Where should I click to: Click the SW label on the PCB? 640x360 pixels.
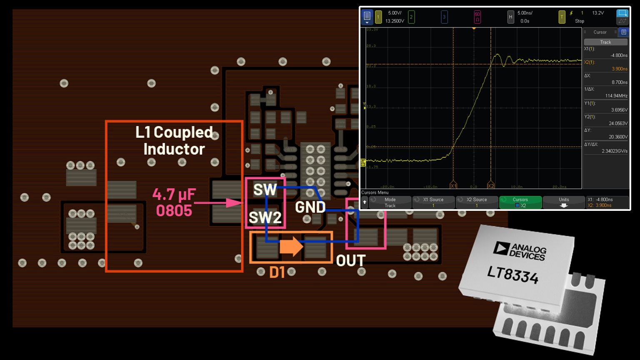pyautogui.click(x=265, y=190)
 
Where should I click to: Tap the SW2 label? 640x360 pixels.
pyautogui.click(x=265, y=217)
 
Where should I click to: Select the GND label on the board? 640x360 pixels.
pyautogui.click(x=310, y=207)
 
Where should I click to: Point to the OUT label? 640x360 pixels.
pyautogui.click(x=350, y=261)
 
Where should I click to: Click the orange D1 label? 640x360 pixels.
pyautogui.click(x=277, y=272)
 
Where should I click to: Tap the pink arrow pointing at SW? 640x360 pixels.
pyautogui.click(x=218, y=203)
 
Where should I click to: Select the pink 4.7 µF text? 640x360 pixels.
pyautogui.click(x=174, y=195)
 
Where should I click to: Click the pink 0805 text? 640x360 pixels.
pyautogui.click(x=174, y=211)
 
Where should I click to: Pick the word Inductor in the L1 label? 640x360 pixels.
pyautogui.click(x=174, y=149)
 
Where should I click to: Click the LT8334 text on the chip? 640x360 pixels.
pyautogui.click(x=512, y=275)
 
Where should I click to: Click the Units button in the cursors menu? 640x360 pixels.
pyautogui.click(x=564, y=202)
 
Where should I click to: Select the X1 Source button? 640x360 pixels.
pyautogui.click(x=433, y=202)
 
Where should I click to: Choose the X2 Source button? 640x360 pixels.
pyautogui.click(x=477, y=202)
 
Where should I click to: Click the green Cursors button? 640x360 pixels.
pyautogui.click(x=520, y=202)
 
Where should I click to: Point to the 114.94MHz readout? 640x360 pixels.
pyautogui.click(x=616, y=96)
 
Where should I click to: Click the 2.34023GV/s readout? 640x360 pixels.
pyautogui.click(x=614, y=151)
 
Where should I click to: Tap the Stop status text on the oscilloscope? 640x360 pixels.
pyautogui.click(x=580, y=21)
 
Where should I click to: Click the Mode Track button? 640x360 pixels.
pyautogui.click(x=390, y=202)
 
